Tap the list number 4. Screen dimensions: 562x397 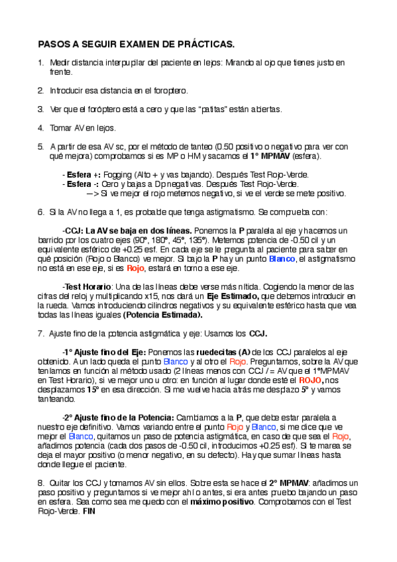click(40, 127)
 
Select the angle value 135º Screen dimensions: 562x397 click(200, 240)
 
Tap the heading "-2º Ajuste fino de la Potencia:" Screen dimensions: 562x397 click(118, 418)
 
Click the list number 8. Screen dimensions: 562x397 click(40, 482)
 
